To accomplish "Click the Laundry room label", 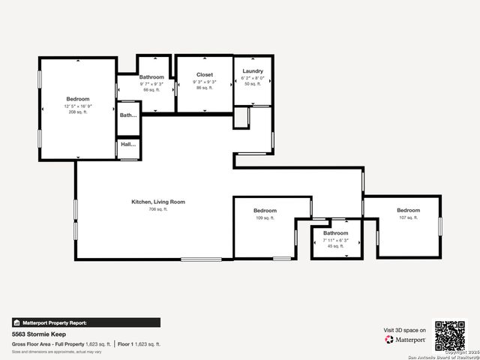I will click(x=253, y=71).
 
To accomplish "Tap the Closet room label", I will click(x=205, y=75).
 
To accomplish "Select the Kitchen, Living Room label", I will click(x=158, y=202).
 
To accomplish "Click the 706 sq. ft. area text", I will click(x=158, y=209).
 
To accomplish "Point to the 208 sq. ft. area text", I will click(x=78, y=112).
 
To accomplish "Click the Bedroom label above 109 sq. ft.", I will click(x=265, y=211).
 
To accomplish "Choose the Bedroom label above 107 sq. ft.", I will click(x=408, y=210).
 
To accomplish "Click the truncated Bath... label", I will click(x=128, y=115).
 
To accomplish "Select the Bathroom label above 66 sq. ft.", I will click(x=151, y=77).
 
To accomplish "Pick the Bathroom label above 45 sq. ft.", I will click(x=335, y=233).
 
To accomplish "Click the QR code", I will click(x=450, y=335).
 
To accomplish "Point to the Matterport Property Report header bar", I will click(x=85, y=322).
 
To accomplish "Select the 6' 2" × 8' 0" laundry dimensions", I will click(x=253, y=78).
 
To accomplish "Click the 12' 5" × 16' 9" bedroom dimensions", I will click(x=78, y=106).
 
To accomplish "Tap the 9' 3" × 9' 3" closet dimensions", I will click(x=205, y=82).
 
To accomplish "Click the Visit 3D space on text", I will click(x=405, y=330).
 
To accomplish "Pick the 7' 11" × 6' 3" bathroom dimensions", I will click(x=335, y=240).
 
